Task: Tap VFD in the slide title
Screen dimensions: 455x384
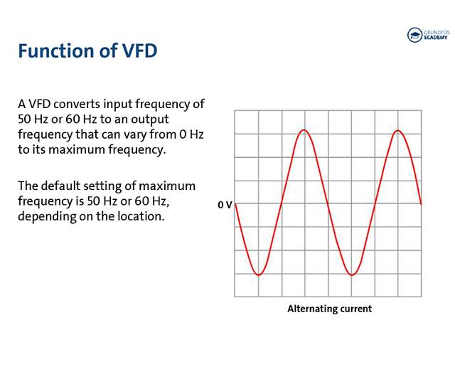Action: click(x=139, y=50)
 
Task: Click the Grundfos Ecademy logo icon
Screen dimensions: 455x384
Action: click(x=414, y=35)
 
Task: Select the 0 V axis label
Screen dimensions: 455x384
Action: click(x=225, y=205)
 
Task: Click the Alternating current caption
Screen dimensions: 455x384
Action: click(x=329, y=309)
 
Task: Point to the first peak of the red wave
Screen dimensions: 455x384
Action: click(x=304, y=129)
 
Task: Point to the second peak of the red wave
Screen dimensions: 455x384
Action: click(x=398, y=130)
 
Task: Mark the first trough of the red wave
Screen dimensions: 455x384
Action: click(x=259, y=274)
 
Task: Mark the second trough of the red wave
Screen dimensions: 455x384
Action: click(x=352, y=274)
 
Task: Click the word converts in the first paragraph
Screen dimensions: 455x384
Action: click(x=77, y=104)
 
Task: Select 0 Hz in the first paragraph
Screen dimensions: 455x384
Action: click(x=191, y=134)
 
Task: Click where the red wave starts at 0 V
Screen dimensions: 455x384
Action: click(x=235, y=204)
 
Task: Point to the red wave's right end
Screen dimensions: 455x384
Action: click(x=421, y=203)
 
